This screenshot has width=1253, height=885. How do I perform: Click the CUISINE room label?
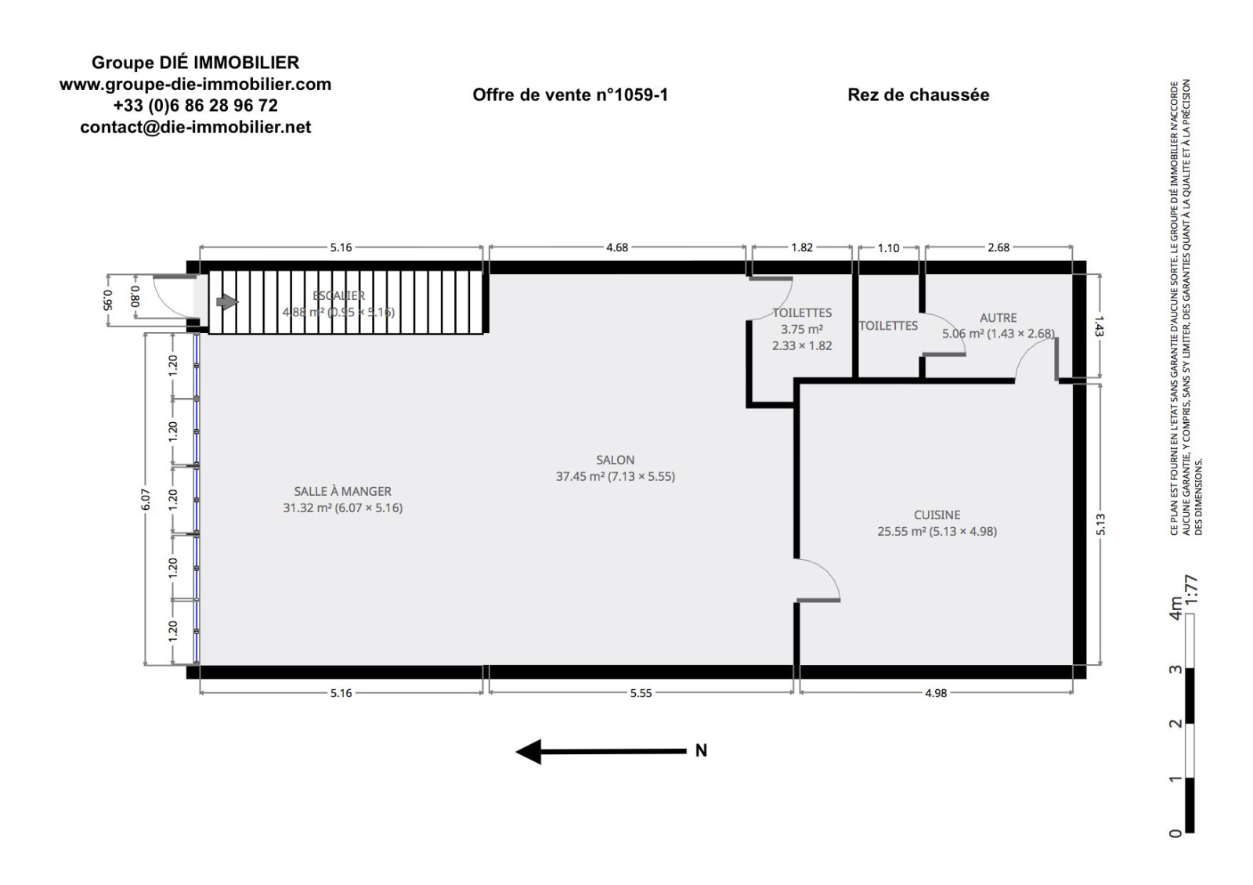point(937,515)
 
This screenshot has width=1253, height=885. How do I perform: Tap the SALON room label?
point(616,460)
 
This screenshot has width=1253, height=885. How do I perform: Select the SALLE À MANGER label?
point(342,491)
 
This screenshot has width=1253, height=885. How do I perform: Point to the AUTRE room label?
point(998,318)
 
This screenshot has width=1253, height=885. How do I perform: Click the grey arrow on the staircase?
point(227,302)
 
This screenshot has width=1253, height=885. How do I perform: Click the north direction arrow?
point(601,751)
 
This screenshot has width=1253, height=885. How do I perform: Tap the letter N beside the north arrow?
point(701,751)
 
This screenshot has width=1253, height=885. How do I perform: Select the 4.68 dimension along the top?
point(617,247)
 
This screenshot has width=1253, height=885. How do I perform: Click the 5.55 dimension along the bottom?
point(641,693)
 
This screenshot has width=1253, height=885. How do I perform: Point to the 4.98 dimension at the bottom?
point(936,693)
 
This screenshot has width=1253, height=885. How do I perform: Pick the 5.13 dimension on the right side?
point(1100,524)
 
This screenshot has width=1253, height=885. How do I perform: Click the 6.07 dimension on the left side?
point(146,499)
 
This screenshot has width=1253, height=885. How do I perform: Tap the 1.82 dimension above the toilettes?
point(802,247)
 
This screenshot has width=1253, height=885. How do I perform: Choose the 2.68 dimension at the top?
point(998,247)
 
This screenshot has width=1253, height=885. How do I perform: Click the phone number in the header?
point(195,105)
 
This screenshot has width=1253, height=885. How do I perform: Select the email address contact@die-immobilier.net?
point(195,127)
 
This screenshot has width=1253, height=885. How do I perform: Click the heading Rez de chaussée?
point(919,95)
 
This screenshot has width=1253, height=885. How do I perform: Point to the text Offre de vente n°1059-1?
point(570,95)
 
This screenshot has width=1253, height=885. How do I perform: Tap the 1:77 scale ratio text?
point(1191,589)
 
